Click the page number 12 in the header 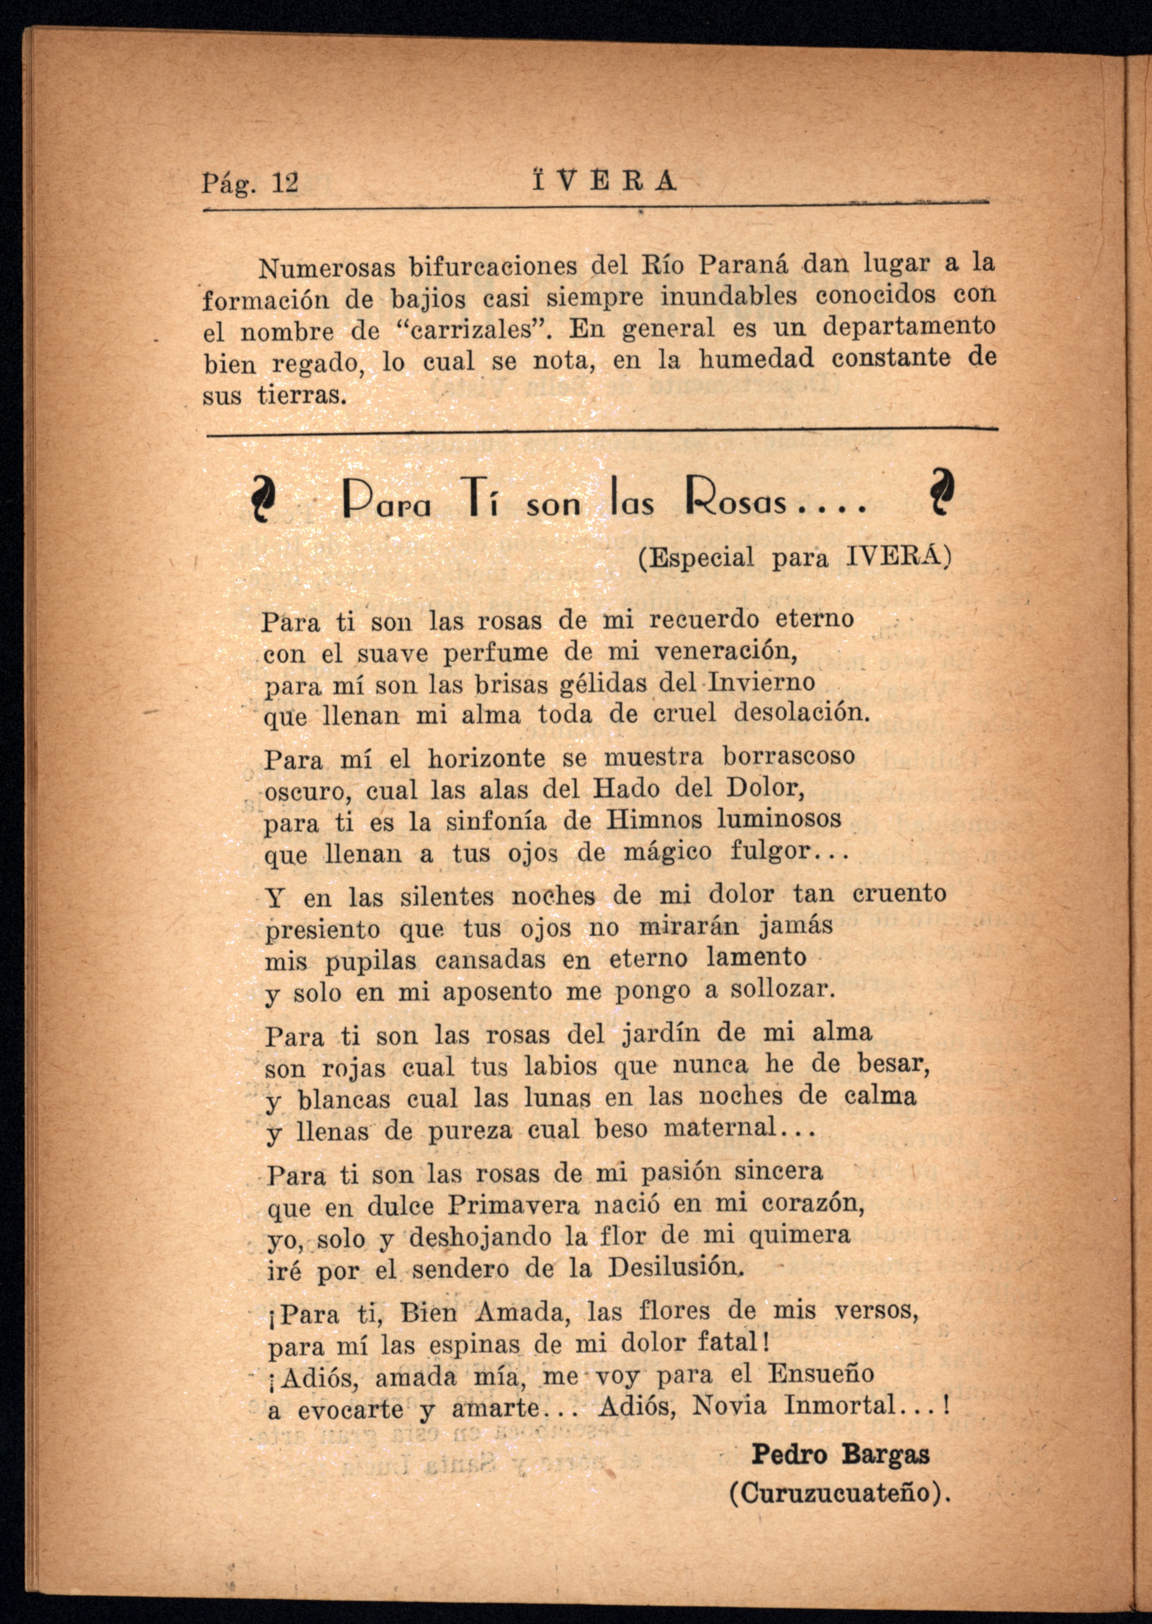coord(286,184)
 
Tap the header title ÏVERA coord(604,182)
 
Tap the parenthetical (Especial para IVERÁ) coord(794,557)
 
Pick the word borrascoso coord(789,756)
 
